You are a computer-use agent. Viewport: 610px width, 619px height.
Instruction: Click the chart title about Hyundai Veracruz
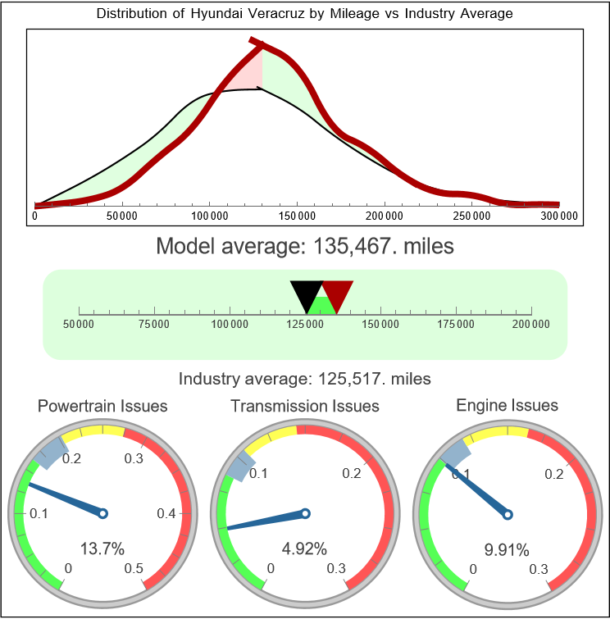coord(305,14)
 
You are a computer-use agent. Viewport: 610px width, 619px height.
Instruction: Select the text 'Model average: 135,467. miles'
coord(305,246)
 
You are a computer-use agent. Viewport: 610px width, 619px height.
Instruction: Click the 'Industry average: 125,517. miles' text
coord(305,379)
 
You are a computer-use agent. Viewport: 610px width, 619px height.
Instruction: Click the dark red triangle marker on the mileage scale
coord(336,294)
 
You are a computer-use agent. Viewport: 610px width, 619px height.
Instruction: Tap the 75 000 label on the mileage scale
coord(154,324)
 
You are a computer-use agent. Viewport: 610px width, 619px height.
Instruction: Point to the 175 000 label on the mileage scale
coord(456,324)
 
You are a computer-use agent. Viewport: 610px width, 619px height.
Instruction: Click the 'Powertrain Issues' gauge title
coord(103,406)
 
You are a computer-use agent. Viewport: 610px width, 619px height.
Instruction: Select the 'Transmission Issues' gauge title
coord(305,406)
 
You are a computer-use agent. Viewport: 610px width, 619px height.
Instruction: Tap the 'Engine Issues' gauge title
coord(507,405)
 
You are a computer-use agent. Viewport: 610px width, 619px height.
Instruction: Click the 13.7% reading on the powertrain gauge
coord(103,548)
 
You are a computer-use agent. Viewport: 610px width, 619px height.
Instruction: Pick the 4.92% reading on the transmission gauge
coord(305,548)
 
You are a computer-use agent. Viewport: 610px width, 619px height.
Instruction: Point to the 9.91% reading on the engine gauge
coord(507,548)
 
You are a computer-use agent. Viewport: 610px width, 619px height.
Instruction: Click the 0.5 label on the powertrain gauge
coord(134,569)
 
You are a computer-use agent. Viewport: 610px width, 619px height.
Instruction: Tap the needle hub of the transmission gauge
coord(305,514)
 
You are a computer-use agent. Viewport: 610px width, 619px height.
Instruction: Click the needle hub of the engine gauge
coord(507,514)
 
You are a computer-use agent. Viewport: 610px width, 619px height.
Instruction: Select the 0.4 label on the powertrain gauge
coord(167,514)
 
